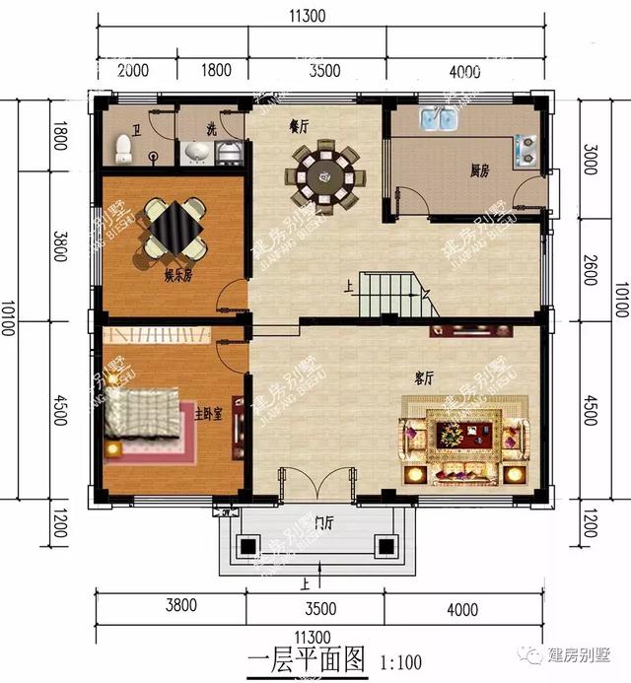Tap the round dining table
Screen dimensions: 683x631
[324, 176]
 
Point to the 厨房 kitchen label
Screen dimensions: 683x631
[479, 171]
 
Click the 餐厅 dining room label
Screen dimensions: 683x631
[299, 126]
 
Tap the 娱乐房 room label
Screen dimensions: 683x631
[177, 276]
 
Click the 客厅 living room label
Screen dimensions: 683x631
[426, 376]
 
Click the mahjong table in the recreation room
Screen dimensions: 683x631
[173, 226]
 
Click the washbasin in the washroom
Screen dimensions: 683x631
[197, 151]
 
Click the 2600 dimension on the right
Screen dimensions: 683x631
[589, 268]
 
